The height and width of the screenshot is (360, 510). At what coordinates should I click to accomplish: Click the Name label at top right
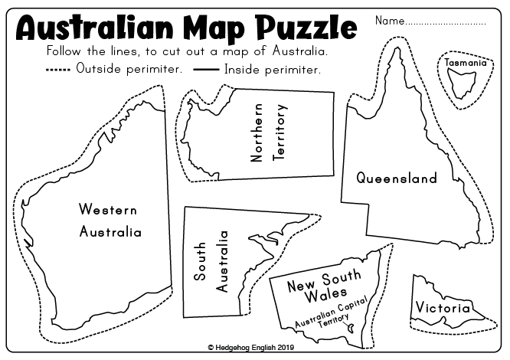pyautogui.click(x=389, y=20)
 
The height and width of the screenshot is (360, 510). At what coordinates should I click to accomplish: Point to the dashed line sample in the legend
pyautogui.click(x=59, y=69)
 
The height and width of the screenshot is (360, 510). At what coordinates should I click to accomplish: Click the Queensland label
pyautogui.click(x=396, y=178)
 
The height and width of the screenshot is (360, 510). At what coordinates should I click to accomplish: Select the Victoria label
pyautogui.click(x=443, y=308)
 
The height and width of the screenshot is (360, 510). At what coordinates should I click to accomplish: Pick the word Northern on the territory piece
pyautogui.click(x=257, y=133)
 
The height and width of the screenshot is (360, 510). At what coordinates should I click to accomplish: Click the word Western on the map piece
pyautogui.click(x=108, y=209)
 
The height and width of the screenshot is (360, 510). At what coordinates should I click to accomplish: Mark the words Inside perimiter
pyautogui.click(x=272, y=69)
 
